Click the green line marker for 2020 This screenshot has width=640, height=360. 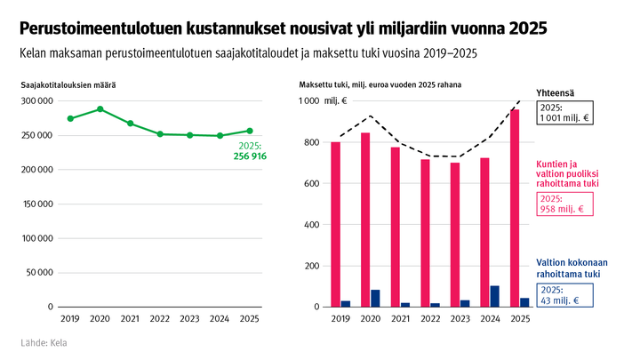click(x=100, y=109)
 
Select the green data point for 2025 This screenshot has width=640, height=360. click(x=250, y=131)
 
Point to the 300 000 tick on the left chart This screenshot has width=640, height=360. click(x=36, y=100)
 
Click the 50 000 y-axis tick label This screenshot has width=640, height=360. click(x=39, y=273)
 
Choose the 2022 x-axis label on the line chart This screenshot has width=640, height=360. click(x=160, y=318)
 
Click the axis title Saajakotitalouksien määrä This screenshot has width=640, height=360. click(x=68, y=84)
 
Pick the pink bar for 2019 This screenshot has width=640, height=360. click(x=335, y=224)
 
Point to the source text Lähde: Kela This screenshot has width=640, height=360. click(x=44, y=343)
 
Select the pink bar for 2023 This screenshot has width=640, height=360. click(x=454, y=235)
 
